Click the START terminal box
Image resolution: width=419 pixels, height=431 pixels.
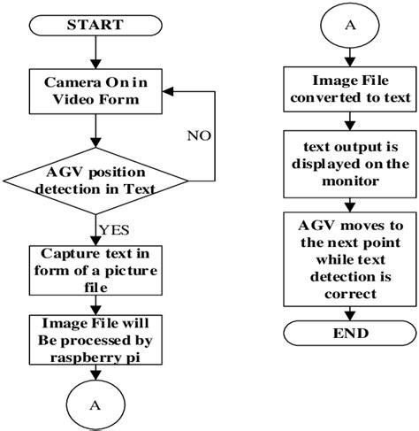[x=95, y=24]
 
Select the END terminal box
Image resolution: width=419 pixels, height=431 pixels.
[x=351, y=335]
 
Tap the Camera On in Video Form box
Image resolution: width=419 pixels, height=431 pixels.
[x=95, y=89]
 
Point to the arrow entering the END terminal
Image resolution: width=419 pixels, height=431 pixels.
[x=351, y=311]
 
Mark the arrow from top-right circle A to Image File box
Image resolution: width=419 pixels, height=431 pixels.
[x=351, y=58]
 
